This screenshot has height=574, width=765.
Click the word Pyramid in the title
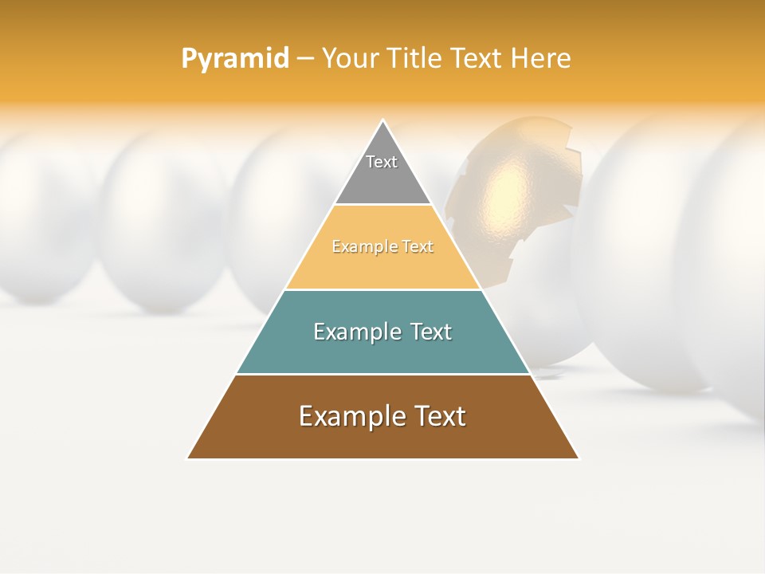click(234, 59)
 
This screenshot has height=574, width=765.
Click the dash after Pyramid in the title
click(304, 59)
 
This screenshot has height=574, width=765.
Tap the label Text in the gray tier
click(382, 162)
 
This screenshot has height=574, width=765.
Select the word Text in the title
click(477, 59)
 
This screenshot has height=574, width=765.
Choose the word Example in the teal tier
click(354, 332)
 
